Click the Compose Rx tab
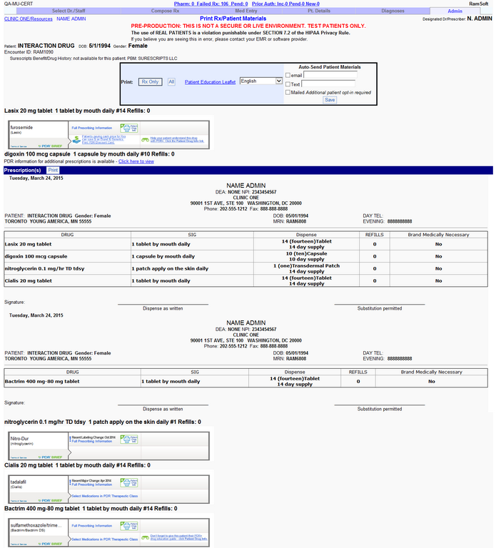click(x=166, y=11)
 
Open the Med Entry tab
click(x=246, y=11)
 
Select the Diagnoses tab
click(x=393, y=11)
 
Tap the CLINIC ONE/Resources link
click(x=28, y=19)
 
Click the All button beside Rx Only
click(x=171, y=82)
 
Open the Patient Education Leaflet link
click(x=210, y=82)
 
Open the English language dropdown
click(x=261, y=81)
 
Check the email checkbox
click(x=288, y=75)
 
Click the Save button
click(x=329, y=100)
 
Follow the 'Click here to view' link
click(x=136, y=161)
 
